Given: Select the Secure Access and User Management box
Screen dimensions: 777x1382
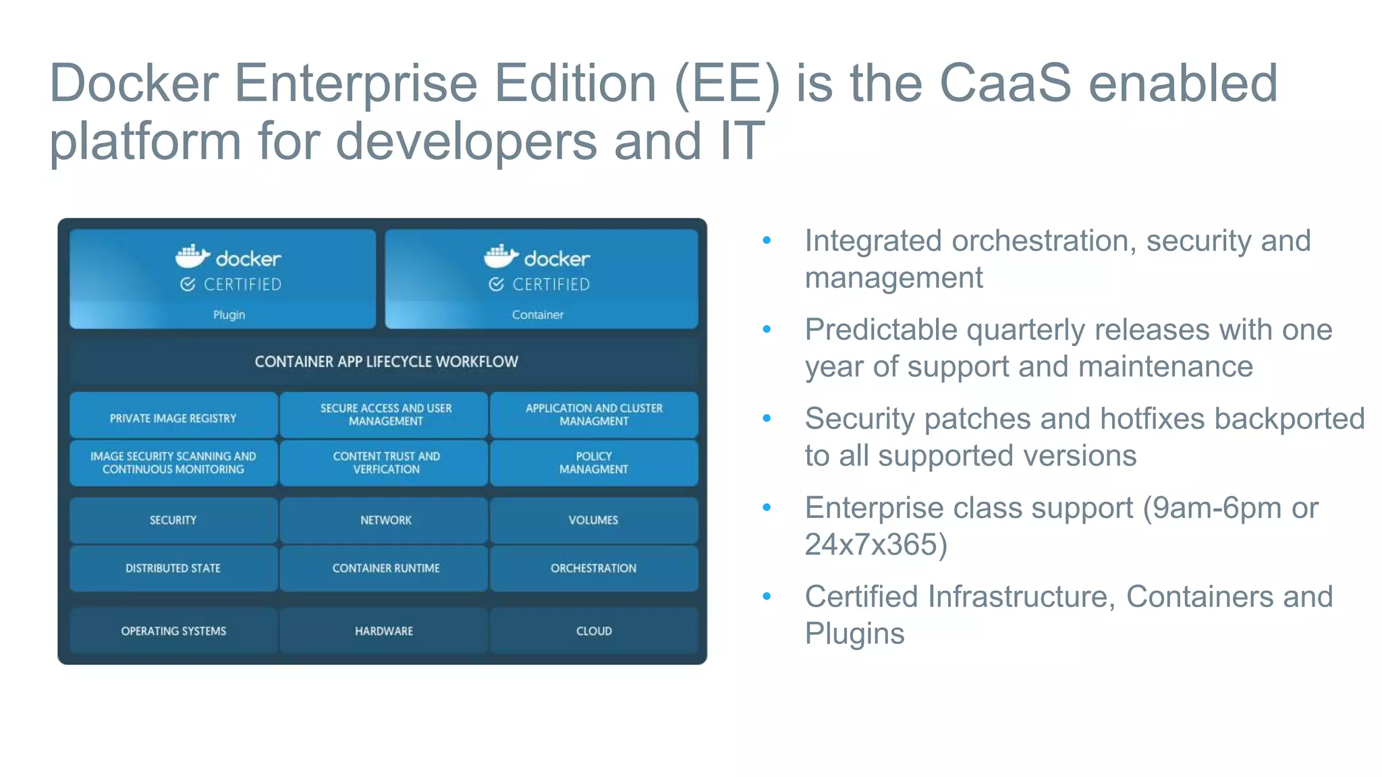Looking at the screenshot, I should point(385,415).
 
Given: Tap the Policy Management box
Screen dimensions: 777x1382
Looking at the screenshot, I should point(593,463).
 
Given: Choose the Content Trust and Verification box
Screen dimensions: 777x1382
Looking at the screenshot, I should point(385,463).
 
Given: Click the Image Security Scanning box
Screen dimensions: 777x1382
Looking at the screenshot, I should point(173,463).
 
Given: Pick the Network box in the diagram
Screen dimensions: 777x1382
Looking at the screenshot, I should point(385,520).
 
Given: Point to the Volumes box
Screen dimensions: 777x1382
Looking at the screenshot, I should point(593,520).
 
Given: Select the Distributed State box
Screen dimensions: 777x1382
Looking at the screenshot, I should point(173,568).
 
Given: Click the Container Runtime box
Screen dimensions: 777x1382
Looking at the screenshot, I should point(385,568).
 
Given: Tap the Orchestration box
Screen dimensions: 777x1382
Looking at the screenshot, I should point(593,568).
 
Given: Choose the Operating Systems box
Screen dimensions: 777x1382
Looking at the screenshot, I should point(173,631).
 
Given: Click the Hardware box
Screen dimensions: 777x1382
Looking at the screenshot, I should point(384,631).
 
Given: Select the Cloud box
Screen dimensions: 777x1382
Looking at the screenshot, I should point(594,631).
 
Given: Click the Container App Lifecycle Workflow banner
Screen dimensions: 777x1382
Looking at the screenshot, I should point(385,362).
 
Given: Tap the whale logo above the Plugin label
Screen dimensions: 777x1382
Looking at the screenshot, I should point(192,256).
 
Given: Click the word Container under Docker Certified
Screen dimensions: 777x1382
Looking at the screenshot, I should point(537,315).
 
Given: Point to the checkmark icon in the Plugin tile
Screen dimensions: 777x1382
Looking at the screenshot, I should point(188,285).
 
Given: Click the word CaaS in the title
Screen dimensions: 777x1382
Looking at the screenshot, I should point(1005,84).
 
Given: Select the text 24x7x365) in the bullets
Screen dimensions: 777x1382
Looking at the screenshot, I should point(875,544).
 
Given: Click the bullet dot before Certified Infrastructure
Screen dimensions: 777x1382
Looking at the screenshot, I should point(767,596).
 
